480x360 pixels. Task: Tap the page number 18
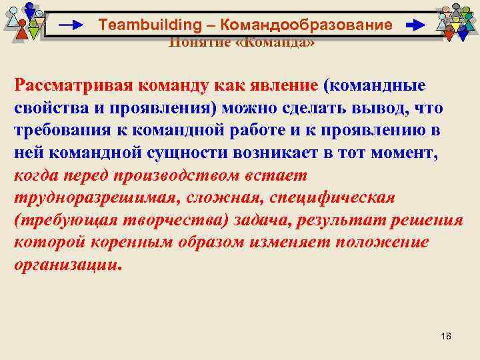pos(446,335)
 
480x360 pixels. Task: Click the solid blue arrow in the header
pos(415,25)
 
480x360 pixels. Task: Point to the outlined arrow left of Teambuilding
pos(71,25)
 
